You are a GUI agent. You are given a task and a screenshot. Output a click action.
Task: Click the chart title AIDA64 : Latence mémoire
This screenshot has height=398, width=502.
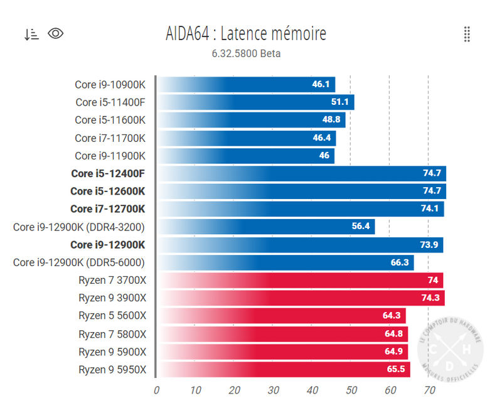click(x=246, y=33)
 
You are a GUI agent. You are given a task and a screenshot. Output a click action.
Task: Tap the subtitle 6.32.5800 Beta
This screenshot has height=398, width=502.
click(x=246, y=53)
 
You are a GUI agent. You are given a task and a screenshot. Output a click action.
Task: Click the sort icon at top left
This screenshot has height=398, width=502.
click(x=31, y=34)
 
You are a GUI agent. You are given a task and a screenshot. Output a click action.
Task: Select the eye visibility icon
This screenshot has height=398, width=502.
click(x=56, y=34)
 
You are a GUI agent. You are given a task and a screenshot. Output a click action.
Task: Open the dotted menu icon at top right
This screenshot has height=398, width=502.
click(x=467, y=35)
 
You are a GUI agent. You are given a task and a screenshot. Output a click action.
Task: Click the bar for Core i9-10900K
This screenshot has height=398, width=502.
click(x=245, y=84)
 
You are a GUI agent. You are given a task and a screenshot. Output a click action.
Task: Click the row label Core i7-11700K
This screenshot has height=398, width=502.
click(x=110, y=137)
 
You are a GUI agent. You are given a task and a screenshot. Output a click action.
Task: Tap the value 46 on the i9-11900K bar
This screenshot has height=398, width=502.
click(x=324, y=156)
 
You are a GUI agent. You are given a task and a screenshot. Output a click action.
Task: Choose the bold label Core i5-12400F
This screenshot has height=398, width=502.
click(x=109, y=173)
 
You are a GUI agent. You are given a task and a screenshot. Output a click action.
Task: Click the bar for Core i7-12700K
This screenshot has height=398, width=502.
click(x=300, y=209)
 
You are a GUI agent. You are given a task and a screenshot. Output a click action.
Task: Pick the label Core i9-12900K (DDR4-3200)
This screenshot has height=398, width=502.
click(x=79, y=227)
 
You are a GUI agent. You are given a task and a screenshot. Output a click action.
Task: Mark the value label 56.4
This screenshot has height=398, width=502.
click(x=361, y=227)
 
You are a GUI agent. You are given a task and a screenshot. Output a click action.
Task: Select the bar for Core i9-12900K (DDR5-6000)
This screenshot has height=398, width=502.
click(x=285, y=262)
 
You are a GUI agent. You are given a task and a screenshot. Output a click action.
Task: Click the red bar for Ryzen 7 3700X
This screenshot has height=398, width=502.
click(x=300, y=280)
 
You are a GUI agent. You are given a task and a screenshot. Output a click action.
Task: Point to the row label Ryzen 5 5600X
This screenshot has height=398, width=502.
click(x=112, y=316)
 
